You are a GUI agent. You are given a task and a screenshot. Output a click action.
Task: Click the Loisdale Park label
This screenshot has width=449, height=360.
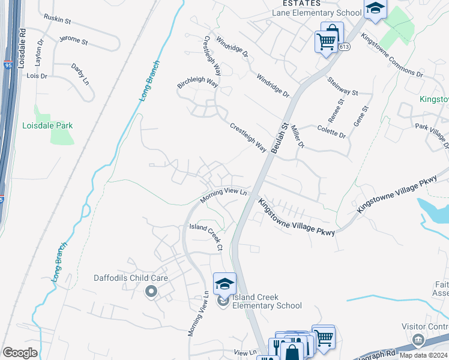pyautogui.click(x=47, y=125)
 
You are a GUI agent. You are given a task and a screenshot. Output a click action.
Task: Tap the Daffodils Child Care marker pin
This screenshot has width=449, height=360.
pyautogui.click(x=151, y=292)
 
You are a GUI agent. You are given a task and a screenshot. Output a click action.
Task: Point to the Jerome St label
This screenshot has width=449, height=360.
pyautogui.click(x=73, y=41)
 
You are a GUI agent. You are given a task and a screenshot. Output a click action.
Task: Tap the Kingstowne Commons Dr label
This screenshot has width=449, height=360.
pyautogui.click(x=391, y=54)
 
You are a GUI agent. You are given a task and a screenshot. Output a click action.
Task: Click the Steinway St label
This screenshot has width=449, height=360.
pyautogui.click(x=343, y=87)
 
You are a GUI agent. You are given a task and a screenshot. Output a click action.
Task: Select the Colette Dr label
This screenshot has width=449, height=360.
pyautogui.click(x=332, y=131)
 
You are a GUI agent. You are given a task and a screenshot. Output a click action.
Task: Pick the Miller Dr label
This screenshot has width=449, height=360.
pyautogui.click(x=298, y=137)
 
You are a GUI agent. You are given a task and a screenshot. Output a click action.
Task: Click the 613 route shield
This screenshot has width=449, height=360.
pyautogui.click(x=343, y=47)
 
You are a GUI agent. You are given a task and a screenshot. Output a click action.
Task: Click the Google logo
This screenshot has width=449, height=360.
pyautogui.click(x=20, y=352)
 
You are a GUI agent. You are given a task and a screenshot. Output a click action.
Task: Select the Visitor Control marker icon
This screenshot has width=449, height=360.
pyautogui.click(x=417, y=341)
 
